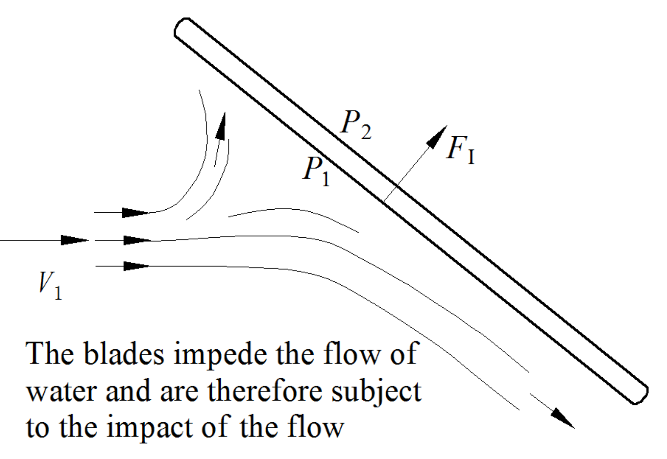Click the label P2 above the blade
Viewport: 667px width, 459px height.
(x=355, y=125)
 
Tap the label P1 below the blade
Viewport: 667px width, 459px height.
(x=316, y=171)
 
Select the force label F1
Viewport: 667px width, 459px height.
(x=460, y=150)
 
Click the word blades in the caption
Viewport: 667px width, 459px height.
(x=123, y=354)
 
